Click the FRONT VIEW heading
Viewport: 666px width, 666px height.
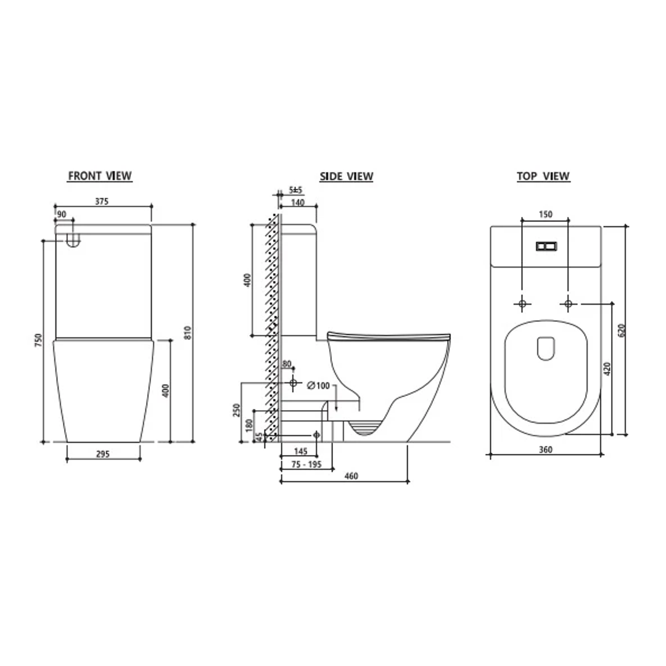pos(99,176)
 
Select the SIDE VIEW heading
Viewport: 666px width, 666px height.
pos(346,177)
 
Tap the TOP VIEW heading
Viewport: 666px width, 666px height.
pos(543,177)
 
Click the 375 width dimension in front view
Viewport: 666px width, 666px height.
pos(102,201)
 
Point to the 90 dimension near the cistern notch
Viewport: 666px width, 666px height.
pos(61,214)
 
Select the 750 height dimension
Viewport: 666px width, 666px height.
pos(38,340)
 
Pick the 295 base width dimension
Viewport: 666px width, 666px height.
pos(103,454)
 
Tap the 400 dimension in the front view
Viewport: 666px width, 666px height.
pos(165,390)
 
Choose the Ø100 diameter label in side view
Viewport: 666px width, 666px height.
pos(318,386)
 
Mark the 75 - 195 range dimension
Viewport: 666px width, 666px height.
pos(307,464)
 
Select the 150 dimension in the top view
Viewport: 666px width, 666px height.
pos(545,215)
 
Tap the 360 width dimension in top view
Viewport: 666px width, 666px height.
pos(545,450)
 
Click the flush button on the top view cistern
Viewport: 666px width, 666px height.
pos(545,245)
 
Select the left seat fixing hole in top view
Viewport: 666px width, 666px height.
pos(522,303)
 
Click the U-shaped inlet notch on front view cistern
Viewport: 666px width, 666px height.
pos(73,240)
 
